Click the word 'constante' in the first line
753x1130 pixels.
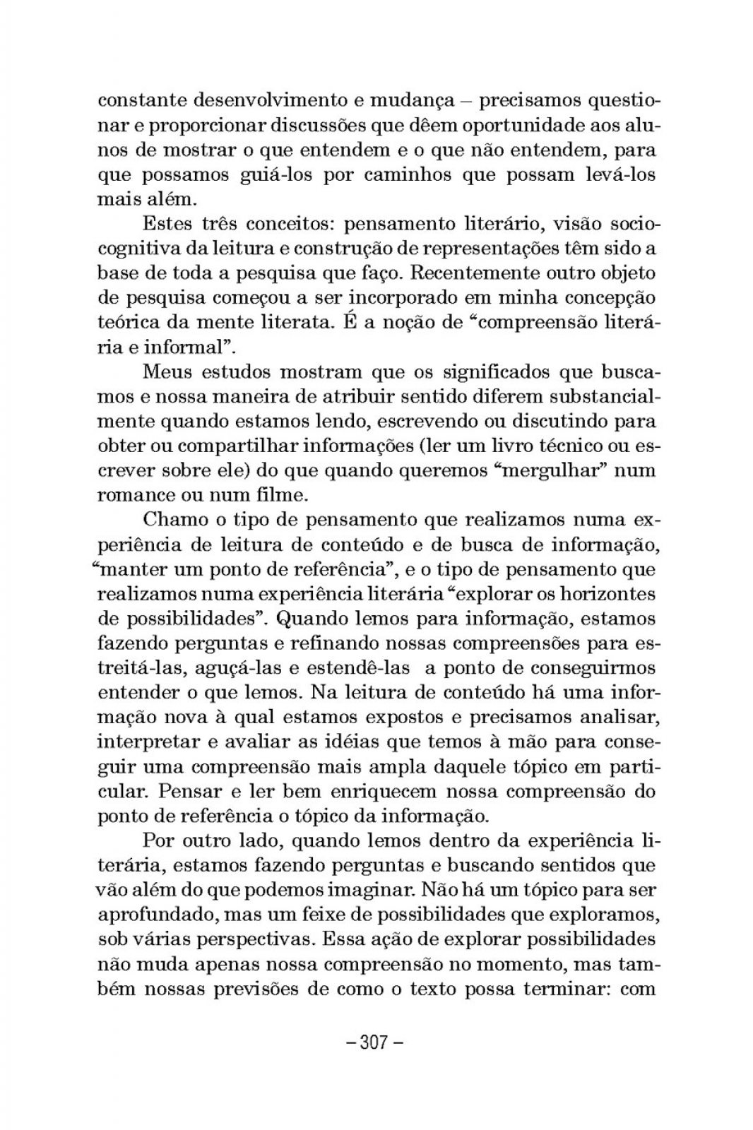140,100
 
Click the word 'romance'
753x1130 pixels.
138,496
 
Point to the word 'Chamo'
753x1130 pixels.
173,521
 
